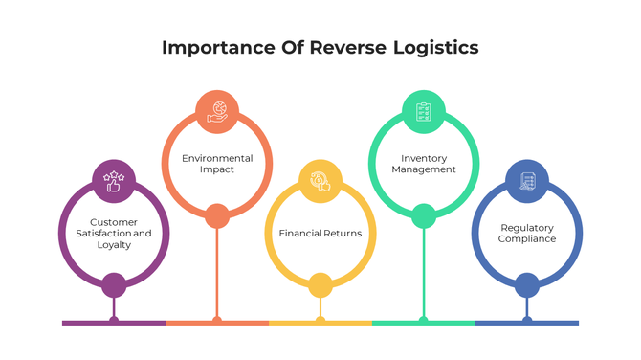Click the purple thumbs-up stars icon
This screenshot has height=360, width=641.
pyautogui.click(x=114, y=180)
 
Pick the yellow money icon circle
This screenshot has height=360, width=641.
pyautogui.click(x=320, y=181)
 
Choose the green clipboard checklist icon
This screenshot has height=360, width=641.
pyautogui.click(x=423, y=111)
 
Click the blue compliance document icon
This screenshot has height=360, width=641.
pyautogui.click(x=526, y=181)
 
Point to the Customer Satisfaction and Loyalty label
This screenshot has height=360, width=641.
pyautogui.click(x=114, y=233)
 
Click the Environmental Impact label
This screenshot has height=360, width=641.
pyautogui.click(x=217, y=163)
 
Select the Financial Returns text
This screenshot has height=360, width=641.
pyautogui.click(x=320, y=233)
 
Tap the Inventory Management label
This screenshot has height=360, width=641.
pyautogui.click(x=423, y=163)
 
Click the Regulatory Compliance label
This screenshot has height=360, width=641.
pyautogui.click(x=526, y=233)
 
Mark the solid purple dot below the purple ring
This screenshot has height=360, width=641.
pyautogui.click(x=114, y=284)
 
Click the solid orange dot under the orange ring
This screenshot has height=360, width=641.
pyautogui.click(x=217, y=215)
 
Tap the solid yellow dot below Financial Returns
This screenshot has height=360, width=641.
pyautogui.click(x=320, y=284)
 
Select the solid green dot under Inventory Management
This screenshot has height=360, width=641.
pyautogui.click(x=423, y=215)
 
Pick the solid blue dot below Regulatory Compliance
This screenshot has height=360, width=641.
pyautogui.click(x=526, y=284)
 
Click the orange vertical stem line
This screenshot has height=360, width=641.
pyautogui.click(x=217, y=273)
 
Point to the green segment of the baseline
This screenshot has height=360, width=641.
pyautogui.click(x=423, y=323)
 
